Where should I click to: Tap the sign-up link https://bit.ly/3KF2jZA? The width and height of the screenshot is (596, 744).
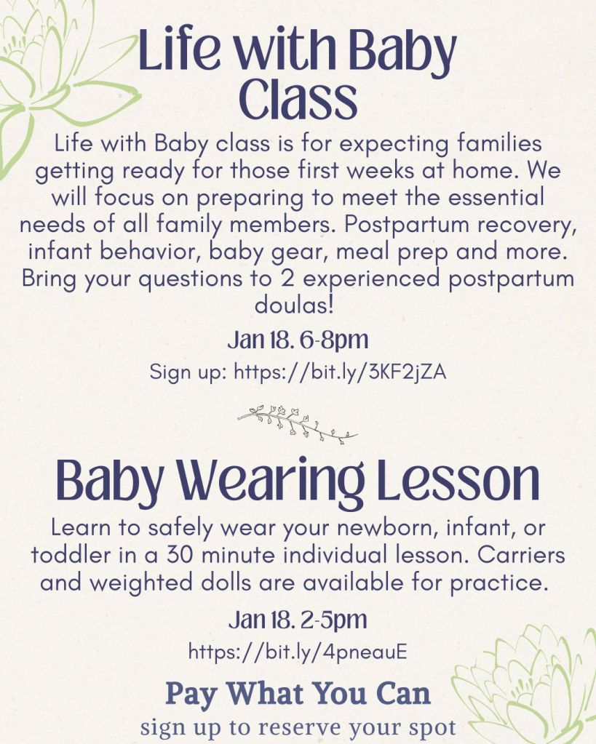[340, 372]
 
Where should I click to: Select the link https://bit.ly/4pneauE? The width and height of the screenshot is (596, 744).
[298, 652]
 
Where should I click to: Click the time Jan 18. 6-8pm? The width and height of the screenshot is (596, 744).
[298, 340]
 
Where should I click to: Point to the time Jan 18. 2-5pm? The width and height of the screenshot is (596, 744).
[298, 620]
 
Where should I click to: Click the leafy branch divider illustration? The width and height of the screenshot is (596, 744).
[298, 424]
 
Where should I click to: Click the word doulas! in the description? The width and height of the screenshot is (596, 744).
[295, 305]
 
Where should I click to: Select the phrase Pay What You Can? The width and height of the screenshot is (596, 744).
[298, 694]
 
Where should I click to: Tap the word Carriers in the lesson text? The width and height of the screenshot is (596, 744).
[521, 555]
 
